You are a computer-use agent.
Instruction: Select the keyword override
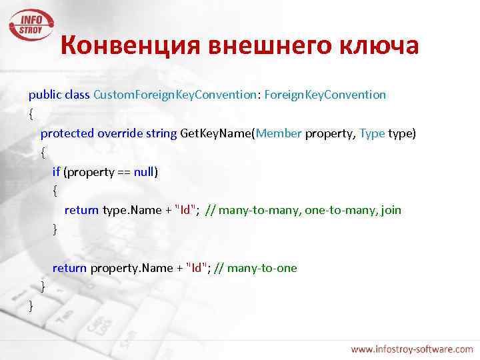(x=120, y=133)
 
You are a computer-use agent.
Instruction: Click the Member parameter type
(x=279, y=133)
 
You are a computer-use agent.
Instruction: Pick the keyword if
(x=57, y=172)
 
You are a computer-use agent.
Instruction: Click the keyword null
(x=144, y=172)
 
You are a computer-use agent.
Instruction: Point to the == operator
(x=122, y=172)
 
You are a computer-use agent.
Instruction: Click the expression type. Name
(x=131, y=211)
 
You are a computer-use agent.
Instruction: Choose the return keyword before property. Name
(x=69, y=268)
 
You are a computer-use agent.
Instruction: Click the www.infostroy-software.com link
(x=412, y=349)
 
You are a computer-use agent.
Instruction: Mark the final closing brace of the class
(x=31, y=306)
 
